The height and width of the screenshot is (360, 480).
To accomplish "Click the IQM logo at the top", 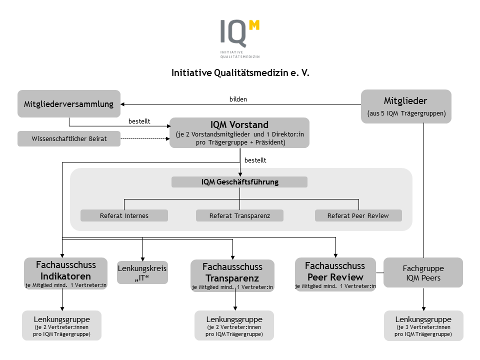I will [x=240, y=38].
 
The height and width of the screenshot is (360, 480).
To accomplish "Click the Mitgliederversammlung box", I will [x=69, y=104].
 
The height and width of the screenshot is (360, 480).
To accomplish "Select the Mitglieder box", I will [x=406, y=106].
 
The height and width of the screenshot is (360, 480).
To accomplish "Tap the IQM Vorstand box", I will [x=239, y=132].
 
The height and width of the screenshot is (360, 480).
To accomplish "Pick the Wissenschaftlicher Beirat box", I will [x=69, y=138].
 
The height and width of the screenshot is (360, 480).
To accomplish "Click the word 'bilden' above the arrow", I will [x=238, y=99].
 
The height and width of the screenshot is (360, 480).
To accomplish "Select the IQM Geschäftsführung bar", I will [x=239, y=182].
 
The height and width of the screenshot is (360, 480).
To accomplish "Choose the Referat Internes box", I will [x=124, y=215].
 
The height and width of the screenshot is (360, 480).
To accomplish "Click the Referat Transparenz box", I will [x=239, y=215].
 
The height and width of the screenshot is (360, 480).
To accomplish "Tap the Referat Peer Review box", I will [x=358, y=215].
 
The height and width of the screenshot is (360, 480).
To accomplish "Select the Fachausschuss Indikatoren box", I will [x=65, y=273].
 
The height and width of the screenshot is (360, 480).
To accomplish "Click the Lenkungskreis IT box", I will [x=142, y=272].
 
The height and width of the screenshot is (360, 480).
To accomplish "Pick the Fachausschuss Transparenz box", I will [x=232, y=275].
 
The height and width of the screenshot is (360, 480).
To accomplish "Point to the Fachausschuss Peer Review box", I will [x=335, y=274].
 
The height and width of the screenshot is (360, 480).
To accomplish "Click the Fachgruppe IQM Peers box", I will [x=423, y=272].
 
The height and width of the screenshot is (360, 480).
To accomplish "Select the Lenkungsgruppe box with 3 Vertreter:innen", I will [x=423, y=325].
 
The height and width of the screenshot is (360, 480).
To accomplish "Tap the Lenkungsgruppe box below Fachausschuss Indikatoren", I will [x=62, y=325].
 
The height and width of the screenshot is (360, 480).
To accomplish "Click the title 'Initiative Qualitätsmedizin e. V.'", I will [x=240, y=72].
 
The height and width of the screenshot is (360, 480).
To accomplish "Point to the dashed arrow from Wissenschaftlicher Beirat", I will [x=145, y=138].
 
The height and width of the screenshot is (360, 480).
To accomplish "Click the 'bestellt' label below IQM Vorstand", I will [x=255, y=160].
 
